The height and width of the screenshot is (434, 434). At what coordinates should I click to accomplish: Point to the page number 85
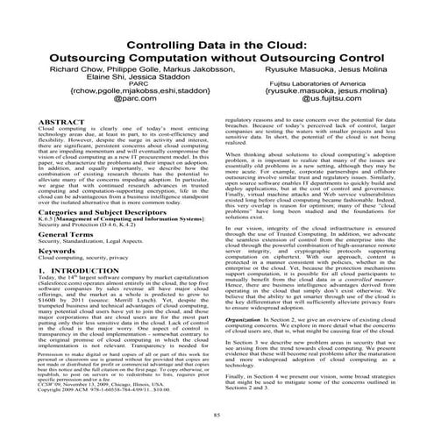pyautogui.click(x=216, y=413)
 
